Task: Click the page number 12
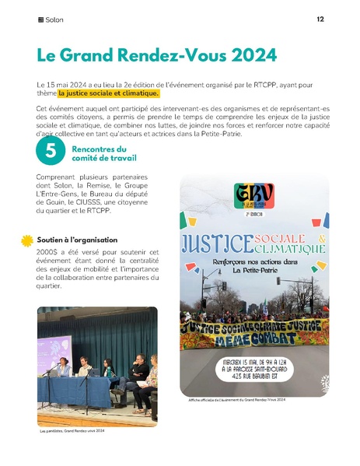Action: pos(320,19)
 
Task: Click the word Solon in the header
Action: pos(54,19)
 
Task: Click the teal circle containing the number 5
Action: pos(50,152)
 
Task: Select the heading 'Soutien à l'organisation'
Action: pos(76,239)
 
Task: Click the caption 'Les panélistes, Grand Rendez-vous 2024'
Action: pos(72,429)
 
